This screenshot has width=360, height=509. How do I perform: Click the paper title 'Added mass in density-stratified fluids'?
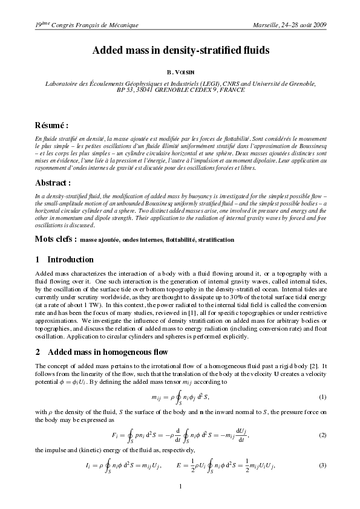(180, 51)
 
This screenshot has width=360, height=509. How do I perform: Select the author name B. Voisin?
(180, 72)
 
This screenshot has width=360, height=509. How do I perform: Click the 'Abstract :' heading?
(53, 182)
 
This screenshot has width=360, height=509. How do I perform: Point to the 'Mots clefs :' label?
(56, 239)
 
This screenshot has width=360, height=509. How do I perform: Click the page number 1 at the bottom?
(180, 486)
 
